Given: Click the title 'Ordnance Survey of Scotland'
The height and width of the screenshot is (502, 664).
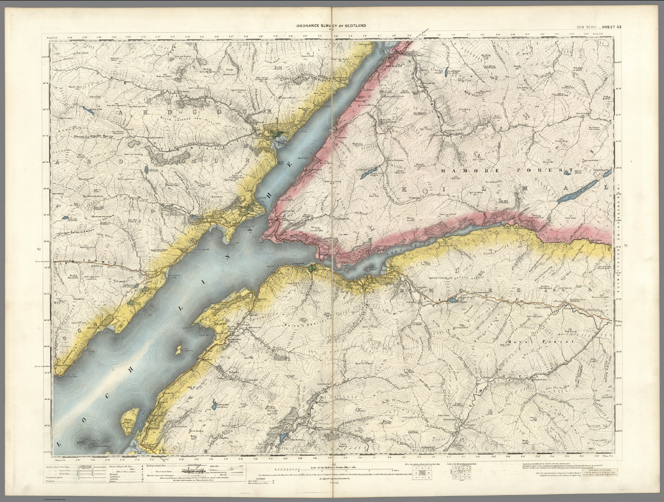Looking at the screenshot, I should [331, 26].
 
